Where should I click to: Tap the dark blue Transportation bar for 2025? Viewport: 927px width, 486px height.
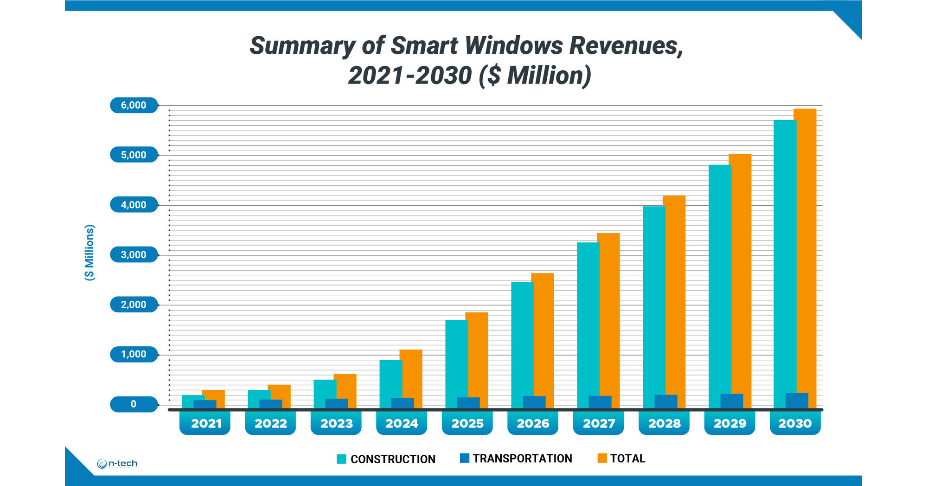pyautogui.click(x=468, y=403)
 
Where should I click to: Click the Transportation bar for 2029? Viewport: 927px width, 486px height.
pyautogui.click(x=732, y=401)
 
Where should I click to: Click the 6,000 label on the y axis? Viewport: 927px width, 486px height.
pyautogui.click(x=134, y=105)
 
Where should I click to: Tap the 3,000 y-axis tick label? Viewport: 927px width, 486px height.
pyautogui.click(x=134, y=255)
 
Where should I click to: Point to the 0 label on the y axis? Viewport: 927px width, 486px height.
pyautogui.click(x=134, y=404)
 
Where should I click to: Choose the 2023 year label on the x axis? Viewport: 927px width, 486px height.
pyautogui.click(x=336, y=423)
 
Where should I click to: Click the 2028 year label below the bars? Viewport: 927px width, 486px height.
pyautogui.click(x=664, y=423)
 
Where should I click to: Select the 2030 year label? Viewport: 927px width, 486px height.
pyautogui.click(x=795, y=423)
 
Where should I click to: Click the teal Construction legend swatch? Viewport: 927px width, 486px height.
pyautogui.click(x=341, y=459)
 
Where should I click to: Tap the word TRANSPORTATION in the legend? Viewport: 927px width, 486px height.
pyautogui.click(x=522, y=459)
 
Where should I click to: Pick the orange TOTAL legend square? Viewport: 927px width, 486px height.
pyautogui.click(x=602, y=458)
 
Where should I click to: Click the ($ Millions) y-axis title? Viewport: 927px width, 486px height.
pyautogui.click(x=90, y=253)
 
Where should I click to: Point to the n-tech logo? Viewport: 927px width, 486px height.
pyautogui.click(x=117, y=463)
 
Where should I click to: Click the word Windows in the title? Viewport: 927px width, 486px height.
pyautogui.click(x=514, y=46)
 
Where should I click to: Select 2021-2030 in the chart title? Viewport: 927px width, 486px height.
pyautogui.click(x=410, y=76)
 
